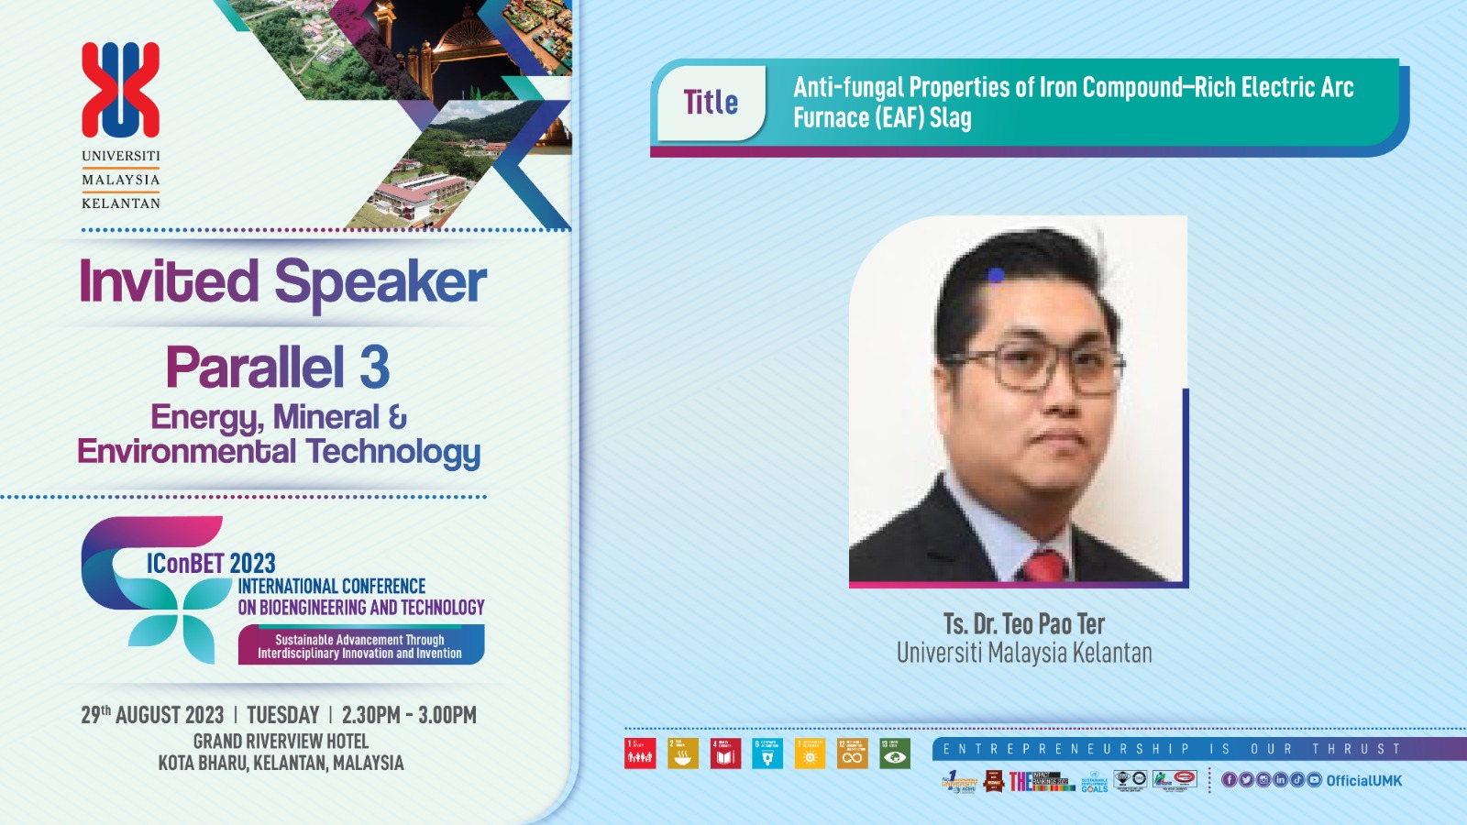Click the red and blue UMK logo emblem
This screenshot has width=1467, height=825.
(x=121, y=90)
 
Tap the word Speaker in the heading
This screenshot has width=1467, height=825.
(x=380, y=282)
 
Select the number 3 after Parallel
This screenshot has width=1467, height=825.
(x=375, y=368)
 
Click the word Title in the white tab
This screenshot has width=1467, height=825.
(x=711, y=103)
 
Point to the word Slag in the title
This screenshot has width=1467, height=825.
(x=951, y=118)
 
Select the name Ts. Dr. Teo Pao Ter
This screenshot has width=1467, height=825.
(x=1024, y=624)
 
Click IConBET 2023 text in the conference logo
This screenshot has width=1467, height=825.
(x=211, y=563)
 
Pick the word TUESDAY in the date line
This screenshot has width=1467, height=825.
(x=282, y=715)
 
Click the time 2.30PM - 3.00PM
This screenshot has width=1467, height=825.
(x=409, y=715)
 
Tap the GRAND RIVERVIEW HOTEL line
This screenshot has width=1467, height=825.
(x=281, y=741)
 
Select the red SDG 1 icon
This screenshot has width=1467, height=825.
(x=640, y=753)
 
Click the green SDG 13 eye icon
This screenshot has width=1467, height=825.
(x=895, y=753)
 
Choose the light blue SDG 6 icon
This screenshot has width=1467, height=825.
(x=767, y=753)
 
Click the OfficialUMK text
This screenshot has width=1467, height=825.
(x=1363, y=780)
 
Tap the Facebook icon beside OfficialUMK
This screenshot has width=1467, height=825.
(x=1229, y=780)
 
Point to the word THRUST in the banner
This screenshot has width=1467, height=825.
(x=1356, y=749)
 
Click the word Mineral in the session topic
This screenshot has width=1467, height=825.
(x=325, y=418)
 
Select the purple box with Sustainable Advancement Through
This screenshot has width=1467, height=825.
(x=360, y=645)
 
